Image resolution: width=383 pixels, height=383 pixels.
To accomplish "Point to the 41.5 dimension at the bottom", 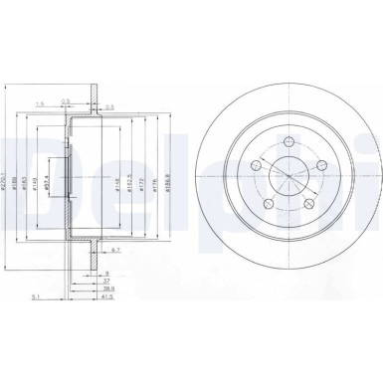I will click(104, 296).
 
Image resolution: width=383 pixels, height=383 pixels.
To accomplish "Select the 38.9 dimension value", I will click(104, 286).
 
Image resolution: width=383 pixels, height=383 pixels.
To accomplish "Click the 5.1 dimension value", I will click(36, 296).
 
